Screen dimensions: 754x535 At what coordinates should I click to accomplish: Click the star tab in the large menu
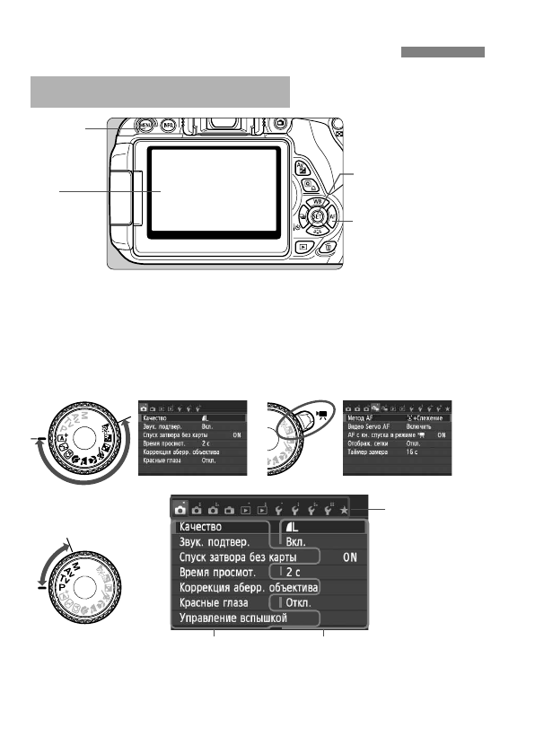pyautogui.click(x=344, y=509)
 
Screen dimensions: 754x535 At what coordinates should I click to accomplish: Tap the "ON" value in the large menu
pyautogui.click(x=353, y=557)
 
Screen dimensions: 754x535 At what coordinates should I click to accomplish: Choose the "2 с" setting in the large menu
pyautogui.click(x=296, y=572)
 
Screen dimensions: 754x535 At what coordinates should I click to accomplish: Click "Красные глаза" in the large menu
pyautogui.click(x=219, y=603)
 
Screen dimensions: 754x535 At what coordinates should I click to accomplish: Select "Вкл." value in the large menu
pyautogui.click(x=297, y=542)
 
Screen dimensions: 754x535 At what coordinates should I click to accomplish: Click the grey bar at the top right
pyautogui.click(x=443, y=52)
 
